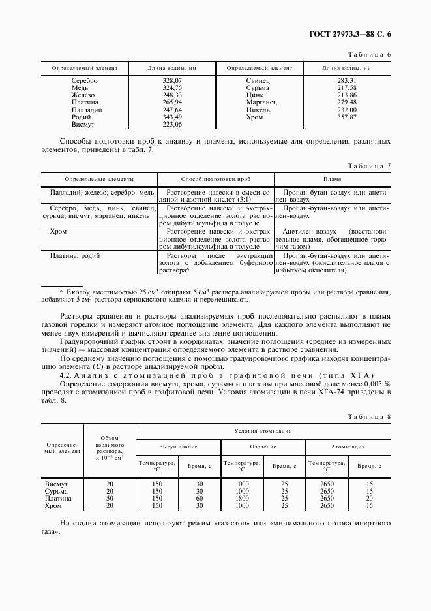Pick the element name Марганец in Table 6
click(261, 102)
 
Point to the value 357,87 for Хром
click(347, 117)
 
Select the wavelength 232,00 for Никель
click(347, 110)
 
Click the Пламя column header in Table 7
click(333, 178)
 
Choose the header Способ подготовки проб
click(216, 178)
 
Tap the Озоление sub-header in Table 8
click(263, 447)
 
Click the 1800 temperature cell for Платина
click(242, 498)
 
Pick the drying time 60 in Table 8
click(200, 498)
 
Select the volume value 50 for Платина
click(110, 498)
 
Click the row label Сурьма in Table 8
click(56, 491)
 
